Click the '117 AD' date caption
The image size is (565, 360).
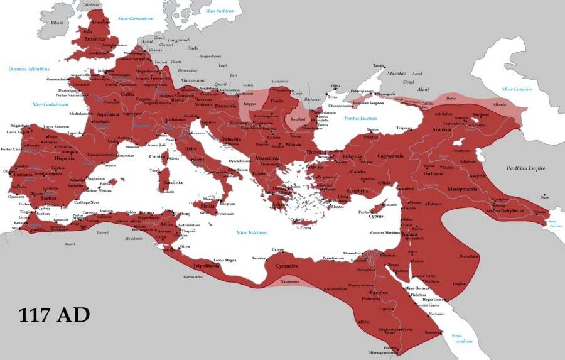[x=54, y=314]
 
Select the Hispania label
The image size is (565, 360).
[x=64, y=158]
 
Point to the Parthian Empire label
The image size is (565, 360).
[x=525, y=168]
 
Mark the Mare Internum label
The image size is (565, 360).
[x=252, y=232]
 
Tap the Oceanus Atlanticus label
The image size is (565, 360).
[x=28, y=68]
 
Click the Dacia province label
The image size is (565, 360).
[x=277, y=101]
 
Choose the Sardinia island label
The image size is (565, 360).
[x=173, y=183]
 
